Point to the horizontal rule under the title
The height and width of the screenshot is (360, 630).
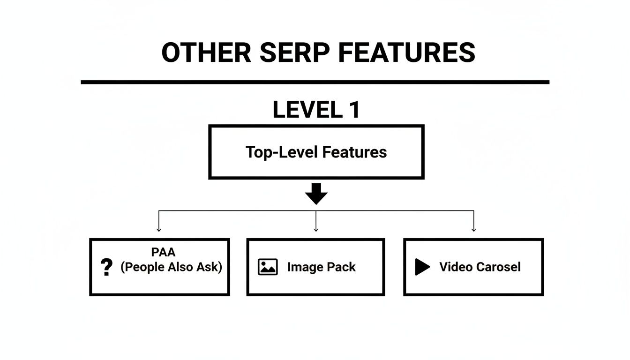315,82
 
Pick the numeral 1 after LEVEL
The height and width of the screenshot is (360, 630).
354,110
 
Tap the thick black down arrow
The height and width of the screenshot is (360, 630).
316,194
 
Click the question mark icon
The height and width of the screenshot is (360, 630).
107,267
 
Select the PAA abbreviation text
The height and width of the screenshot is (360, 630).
163,252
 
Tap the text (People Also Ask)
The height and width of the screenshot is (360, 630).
171,267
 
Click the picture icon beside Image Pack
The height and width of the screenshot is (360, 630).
268,267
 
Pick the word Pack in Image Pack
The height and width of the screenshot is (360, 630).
341,267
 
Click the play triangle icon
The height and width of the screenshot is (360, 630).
422,267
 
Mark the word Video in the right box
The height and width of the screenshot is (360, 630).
456,267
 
